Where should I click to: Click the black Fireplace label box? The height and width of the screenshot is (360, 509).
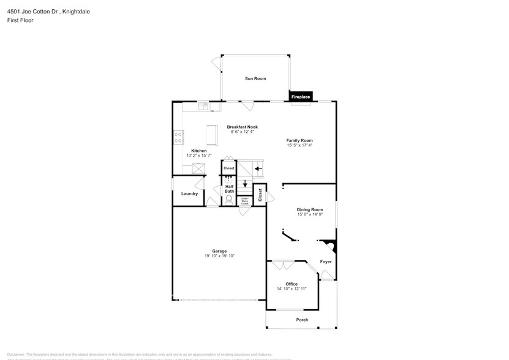tap(301, 97)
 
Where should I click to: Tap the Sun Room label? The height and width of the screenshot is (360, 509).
tap(255, 78)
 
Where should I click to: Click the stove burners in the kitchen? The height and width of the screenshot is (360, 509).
tap(178, 137)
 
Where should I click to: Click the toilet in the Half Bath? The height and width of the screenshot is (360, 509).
tap(229, 199)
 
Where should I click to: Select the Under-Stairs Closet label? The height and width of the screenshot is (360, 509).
tap(244, 200)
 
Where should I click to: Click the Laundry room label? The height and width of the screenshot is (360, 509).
tap(189, 193)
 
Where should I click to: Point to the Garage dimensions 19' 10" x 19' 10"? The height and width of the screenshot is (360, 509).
tap(219, 256)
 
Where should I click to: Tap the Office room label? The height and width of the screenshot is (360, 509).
tap(292, 284)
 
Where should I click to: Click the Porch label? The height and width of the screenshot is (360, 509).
tap(302, 320)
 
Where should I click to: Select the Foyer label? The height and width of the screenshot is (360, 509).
tap(326, 261)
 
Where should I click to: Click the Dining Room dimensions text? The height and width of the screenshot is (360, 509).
tap(310, 214)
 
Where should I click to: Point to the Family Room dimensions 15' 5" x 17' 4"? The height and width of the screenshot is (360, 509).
tap(300, 145)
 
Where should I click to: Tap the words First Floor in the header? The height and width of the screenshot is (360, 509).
tap(21, 20)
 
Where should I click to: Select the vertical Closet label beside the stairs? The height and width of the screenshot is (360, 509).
tap(260, 195)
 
